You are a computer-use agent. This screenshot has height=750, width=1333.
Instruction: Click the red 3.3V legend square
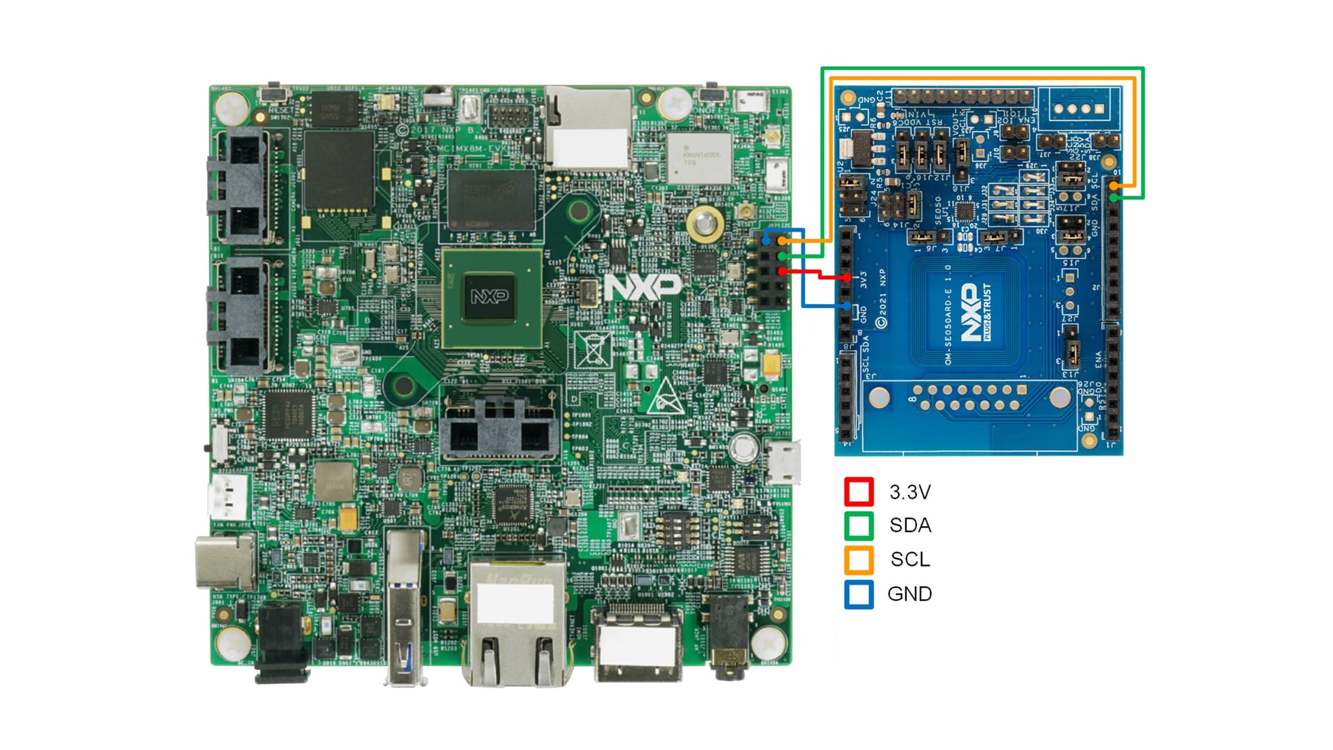(859, 492)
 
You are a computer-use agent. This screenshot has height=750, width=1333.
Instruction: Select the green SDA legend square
(859, 525)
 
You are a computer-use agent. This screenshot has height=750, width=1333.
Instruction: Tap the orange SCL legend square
(859, 559)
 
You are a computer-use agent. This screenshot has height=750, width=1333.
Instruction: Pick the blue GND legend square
(859, 594)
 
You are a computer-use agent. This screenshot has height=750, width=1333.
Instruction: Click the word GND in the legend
(909, 594)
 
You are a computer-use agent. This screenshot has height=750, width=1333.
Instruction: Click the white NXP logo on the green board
(642, 286)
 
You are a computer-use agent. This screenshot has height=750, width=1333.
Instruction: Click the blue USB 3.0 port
(405, 605)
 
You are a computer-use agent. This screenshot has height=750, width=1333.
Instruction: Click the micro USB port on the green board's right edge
(784, 462)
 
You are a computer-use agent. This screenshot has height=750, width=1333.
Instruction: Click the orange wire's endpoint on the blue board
(1114, 186)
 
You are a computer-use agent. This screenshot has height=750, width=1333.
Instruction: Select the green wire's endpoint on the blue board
(1114, 197)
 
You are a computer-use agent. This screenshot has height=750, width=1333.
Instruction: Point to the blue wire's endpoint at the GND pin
(845, 305)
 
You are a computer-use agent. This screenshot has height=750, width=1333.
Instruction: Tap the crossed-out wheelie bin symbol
(593, 349)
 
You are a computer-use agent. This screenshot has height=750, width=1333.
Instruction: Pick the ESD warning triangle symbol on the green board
(666, 396)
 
